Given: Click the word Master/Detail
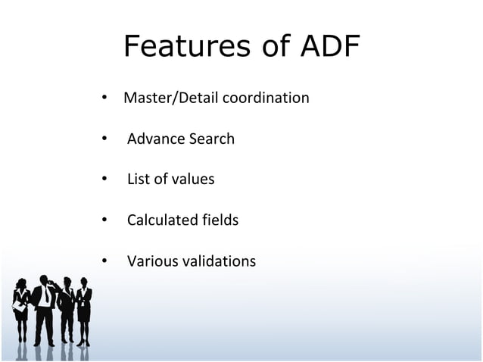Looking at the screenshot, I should tap(168, 98).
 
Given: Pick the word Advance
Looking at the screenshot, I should tap(155, 139).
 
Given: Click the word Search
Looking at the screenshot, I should tap(211, 139).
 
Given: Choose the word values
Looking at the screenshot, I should tap(192, 179).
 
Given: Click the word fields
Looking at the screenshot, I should tap(220, 220).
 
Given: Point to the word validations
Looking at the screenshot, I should tap(217, 261).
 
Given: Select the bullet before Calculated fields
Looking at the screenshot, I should tap(104, 220).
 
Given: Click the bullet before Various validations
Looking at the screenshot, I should tap(104, 261).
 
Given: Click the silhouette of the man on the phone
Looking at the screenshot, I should tap(45, 311).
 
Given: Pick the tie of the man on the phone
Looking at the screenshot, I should tap(46, 295).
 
